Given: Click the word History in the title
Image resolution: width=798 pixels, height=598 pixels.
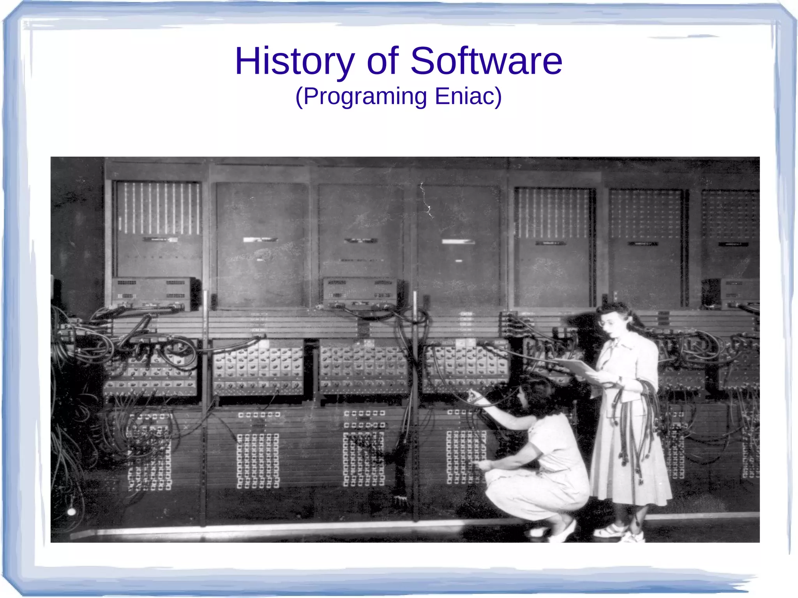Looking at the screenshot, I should point(295,61).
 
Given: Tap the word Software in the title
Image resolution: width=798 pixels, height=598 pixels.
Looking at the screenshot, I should point(486,61).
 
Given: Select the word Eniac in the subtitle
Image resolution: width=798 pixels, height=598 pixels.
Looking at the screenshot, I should point(468,96).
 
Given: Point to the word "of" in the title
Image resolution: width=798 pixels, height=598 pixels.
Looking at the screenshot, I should point(383,61).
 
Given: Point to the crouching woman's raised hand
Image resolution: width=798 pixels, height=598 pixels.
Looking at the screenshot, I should point(473,397).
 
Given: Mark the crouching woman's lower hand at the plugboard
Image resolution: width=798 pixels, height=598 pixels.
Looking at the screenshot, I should point(483,465).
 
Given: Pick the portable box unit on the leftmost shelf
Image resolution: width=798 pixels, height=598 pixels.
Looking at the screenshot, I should point(153,292).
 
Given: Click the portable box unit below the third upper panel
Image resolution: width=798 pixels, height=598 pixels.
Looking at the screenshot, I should point(360,292).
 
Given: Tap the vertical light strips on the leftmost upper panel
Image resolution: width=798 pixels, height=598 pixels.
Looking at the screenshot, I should point(158,208).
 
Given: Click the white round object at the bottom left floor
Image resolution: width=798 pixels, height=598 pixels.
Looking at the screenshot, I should point(71,511).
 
